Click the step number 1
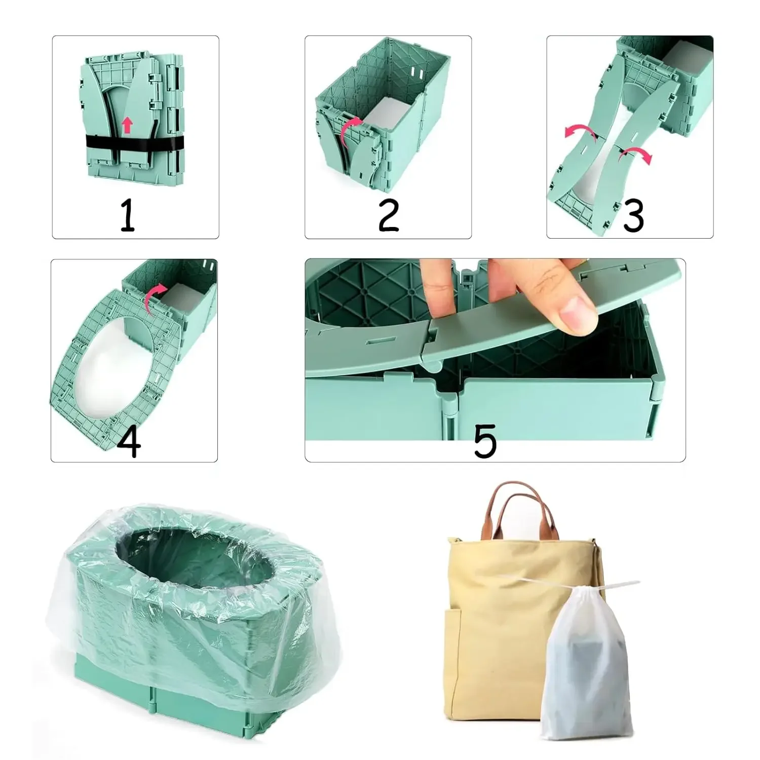tap(128, 215)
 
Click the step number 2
tap(389, 215)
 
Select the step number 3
tap(633, 215)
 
